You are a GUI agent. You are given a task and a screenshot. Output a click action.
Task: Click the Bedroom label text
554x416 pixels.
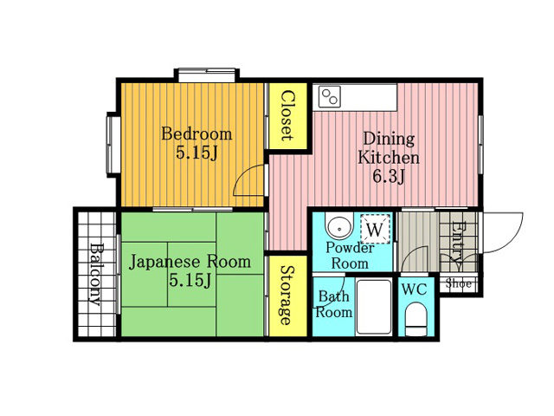coord(196,134)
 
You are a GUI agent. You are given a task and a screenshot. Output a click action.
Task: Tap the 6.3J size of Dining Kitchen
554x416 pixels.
coord(389,177)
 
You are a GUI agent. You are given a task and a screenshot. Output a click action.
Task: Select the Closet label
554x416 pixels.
coord(287,115)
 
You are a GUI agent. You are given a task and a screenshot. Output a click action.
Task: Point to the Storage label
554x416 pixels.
coord(287,295)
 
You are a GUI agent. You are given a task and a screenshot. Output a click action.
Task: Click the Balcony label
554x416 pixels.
coord(94,274)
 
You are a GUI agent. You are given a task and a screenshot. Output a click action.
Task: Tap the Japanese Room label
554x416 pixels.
coord(190,262)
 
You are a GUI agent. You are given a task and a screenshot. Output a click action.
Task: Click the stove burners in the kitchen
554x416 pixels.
coord(329,96)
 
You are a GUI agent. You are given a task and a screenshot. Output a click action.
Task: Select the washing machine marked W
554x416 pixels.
coord(375,229)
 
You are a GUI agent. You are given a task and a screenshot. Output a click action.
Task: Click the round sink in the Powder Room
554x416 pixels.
coord(339,227)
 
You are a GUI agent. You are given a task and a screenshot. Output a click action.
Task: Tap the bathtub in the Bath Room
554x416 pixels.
coord(374,306)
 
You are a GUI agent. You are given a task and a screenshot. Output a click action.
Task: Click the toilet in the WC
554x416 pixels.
coord(416,319)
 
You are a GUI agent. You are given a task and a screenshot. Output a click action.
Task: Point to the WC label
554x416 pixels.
coord(415,289)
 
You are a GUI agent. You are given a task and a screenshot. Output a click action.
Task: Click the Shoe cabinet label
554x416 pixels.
coord(458,283)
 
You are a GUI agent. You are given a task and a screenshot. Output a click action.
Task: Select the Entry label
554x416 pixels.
coord(456,245)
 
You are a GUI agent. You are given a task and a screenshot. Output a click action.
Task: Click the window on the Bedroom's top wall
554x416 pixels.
coord(207,75)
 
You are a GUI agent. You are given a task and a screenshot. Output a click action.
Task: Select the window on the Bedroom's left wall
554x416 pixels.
coord(113,145)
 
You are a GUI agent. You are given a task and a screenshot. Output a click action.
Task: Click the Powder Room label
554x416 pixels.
coord(350,256)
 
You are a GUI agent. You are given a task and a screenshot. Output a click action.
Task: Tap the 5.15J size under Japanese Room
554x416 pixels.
coord(190,281)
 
